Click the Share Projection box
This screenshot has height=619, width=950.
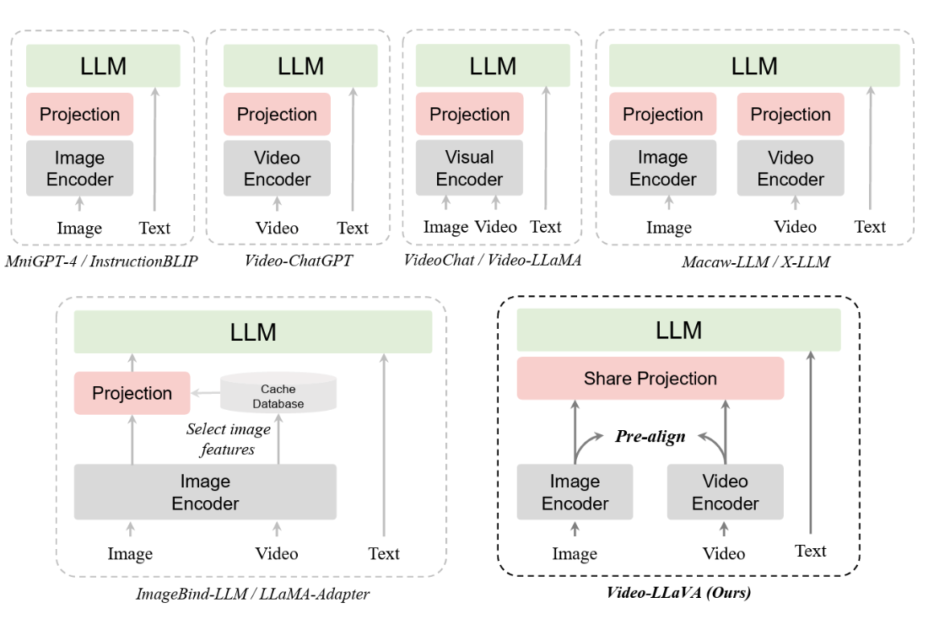point(650,379)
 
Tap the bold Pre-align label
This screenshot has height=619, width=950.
point(650,438)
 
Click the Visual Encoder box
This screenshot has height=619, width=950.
point(469,169)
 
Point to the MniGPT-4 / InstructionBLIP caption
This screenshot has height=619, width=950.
point(101,261)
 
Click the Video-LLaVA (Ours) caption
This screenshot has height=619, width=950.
point(678,592)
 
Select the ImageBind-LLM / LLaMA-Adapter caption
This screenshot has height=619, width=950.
point(252,595)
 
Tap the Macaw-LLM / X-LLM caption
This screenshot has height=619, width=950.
point(755,261)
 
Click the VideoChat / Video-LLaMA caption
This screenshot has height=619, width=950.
point(493,260)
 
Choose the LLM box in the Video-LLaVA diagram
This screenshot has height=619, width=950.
point(678,330)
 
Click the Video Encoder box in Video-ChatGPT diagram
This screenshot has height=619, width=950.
point(277,169)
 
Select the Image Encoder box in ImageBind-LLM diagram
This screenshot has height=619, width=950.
point(205,493)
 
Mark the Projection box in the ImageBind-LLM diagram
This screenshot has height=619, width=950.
point(132,393)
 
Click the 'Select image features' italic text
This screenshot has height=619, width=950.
point(228,439)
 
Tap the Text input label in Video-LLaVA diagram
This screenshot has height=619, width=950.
point(810,551)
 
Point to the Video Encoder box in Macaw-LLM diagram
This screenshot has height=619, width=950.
point(791,169)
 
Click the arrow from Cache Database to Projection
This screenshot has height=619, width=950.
point(204,393)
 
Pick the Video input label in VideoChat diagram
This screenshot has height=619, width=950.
point(495,227)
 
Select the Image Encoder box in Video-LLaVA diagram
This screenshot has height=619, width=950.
point(575,493)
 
